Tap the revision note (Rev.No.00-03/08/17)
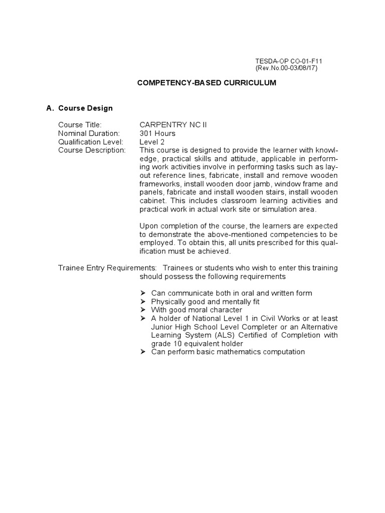click(x=287, y=68)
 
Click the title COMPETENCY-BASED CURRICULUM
click(x=207, y=83)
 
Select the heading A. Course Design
click(x=79, y=108)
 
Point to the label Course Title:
click(x=80, y=125)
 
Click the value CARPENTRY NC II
click(x=173, y=125)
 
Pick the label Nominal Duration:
click(x=89, y=133)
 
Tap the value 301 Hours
click(x=157, y=133)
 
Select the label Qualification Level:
click(x=91, y=142)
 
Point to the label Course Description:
click(x=92, y=150)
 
